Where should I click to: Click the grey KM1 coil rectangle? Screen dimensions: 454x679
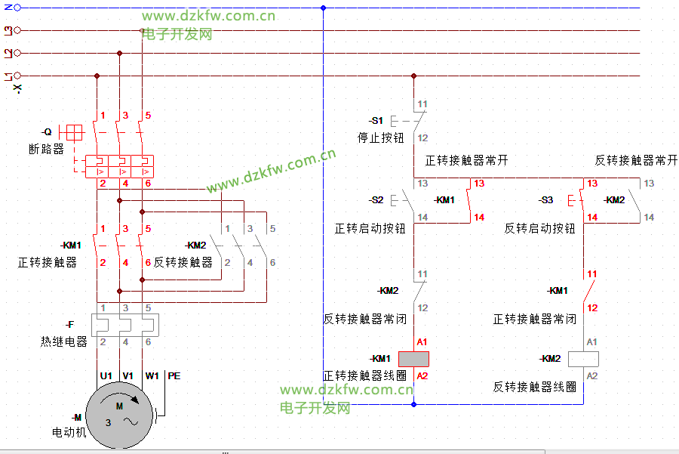click(x=413, y=359)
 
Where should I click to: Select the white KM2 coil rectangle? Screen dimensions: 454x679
click(x=583, y=359)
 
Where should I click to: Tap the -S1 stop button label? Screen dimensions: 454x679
click(x=376, y=121)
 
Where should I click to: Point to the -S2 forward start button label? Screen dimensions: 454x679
click(x=376, y=200)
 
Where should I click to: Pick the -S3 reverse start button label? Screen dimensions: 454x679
click(x=545, y=200)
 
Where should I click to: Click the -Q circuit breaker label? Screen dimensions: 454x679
click(x=47, y=132)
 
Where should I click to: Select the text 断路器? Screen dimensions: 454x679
click(x=46, y=150)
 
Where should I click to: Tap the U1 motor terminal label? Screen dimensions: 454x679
click(x=106, y=375)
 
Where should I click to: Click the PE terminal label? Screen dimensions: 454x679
click(x=174, y=375)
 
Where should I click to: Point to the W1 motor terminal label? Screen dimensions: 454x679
click(x=152, y=375)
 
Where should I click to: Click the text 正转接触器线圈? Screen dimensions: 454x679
click(x=365, y=375)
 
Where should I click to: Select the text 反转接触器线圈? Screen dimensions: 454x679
click(x=535, y=387)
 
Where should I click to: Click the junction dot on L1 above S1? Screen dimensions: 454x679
click(x=413, y=76)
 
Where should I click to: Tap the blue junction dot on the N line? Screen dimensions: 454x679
click(x=323, y=8)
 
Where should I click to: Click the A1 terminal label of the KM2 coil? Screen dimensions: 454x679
click(x=592, y=342)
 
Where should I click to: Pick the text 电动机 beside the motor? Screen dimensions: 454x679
click(x=69, y=433)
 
